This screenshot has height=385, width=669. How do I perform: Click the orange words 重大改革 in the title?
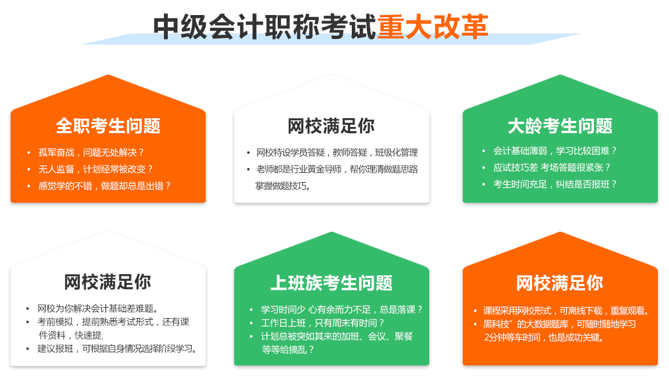433,27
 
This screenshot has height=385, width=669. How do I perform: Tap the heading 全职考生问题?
108,126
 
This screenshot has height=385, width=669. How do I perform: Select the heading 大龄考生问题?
560,126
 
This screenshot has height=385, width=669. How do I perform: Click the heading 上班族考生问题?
332,282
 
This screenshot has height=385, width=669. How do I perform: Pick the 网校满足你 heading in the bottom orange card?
560,282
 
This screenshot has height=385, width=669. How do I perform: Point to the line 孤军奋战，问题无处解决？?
91,153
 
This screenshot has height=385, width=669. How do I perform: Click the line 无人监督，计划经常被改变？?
95,169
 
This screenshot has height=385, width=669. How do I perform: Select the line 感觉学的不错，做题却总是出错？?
105,186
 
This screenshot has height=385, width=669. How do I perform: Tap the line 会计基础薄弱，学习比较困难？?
555,151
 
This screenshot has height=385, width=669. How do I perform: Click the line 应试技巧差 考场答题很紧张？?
552,168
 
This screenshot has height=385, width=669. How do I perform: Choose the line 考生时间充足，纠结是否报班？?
555,184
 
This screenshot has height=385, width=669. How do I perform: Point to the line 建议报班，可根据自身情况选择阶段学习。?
117,348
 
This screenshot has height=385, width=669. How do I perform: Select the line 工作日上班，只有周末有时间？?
323,323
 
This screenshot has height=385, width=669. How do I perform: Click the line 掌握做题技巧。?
283,186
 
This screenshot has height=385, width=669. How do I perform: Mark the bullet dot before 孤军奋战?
28,153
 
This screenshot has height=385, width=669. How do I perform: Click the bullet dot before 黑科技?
475,324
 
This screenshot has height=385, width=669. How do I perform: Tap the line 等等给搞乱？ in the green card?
288,349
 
